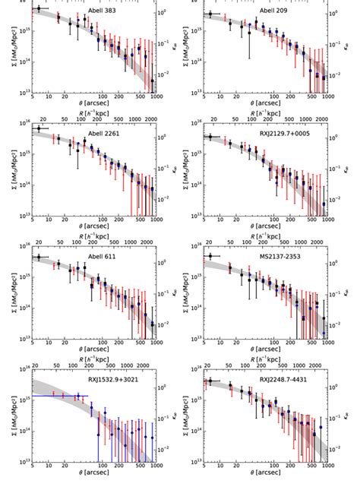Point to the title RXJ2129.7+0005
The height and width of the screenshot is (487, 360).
(x=283, y=131)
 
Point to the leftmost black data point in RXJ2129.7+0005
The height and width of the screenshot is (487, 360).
(x=210, y=137)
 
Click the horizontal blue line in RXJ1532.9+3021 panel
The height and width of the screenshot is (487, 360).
(x=61, y=396)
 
